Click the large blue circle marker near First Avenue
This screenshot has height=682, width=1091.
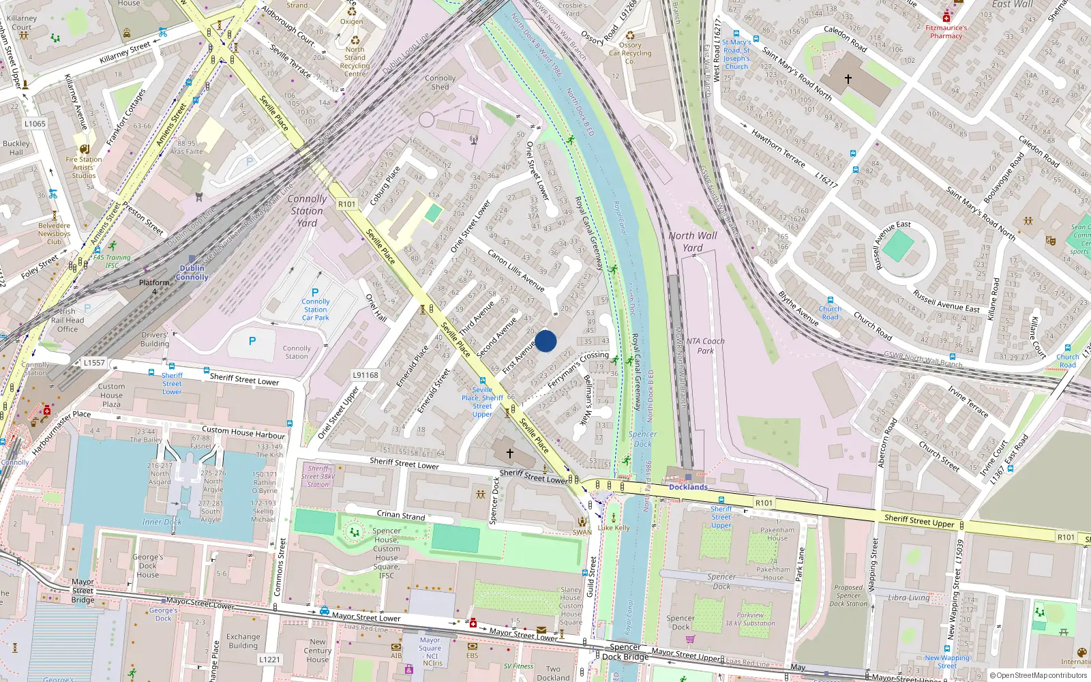click(545, 341)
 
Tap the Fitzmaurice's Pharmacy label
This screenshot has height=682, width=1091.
click(946, 32)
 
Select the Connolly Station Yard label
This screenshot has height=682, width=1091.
click(307, 211)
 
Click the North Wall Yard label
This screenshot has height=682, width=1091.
click(692, 241)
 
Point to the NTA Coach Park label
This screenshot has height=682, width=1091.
click(706, 346)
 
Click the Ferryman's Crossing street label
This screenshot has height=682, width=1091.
click(578, 371)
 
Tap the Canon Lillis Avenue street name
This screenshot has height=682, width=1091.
click(515, 270)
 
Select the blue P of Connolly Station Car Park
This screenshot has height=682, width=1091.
click(315, 293)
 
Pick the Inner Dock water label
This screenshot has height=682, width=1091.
click(162, 522)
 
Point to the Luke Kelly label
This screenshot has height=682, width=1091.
click(614, 528)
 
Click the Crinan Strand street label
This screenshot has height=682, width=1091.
click(401, 516)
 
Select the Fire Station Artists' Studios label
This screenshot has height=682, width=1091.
click(84, 167)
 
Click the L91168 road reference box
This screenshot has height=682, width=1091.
click(365, 375)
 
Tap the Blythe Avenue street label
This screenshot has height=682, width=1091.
click(798, 308)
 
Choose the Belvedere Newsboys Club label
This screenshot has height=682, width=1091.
click(54, 233)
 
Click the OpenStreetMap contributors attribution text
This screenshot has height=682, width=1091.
click(1041, 676)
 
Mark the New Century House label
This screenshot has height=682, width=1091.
click(318, 651)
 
